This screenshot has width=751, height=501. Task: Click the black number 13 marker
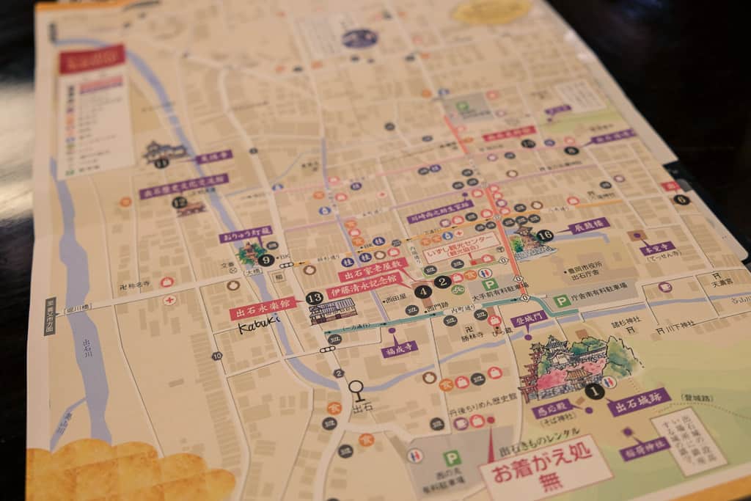pos(314,298)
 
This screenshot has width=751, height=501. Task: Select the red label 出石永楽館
pos(263,307)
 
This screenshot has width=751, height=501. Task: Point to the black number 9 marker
pos(265,259)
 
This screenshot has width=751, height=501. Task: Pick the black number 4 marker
pos(423,291)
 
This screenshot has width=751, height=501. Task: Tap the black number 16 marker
pos(544,235)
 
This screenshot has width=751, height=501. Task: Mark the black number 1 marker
pos(595,392)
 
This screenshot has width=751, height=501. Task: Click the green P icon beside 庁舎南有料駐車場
pos(562,301)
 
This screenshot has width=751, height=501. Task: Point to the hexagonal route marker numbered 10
pos(216,356)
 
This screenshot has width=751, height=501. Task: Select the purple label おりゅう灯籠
pos(245,235)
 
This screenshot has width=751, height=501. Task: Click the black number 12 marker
pos(180,203)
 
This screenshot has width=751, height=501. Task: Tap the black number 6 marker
pos(681,199)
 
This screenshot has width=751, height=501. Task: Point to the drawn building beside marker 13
pos(333,312)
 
